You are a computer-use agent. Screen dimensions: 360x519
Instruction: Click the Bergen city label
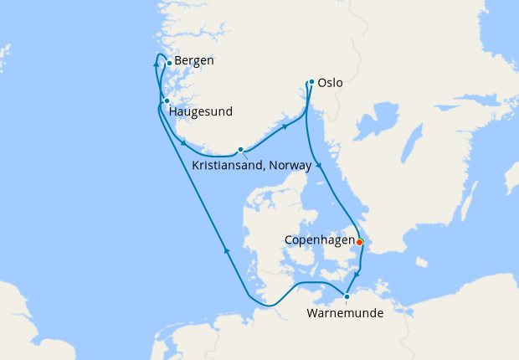(x=194, y=61)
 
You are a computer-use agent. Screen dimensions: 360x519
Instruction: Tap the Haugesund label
(x=200, y=111)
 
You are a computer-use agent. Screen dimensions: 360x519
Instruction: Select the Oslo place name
(x=331, y=84)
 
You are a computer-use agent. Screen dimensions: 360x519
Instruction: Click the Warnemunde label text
(x=346, y=314)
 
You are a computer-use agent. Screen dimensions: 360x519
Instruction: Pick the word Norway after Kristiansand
(x=292, y=166)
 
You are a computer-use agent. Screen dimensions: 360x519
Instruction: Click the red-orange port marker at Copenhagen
(x=360, y=242)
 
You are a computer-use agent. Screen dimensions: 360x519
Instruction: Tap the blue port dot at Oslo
(x=311, y=82)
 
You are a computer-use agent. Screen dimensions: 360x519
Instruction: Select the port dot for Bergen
(x=169, y=63)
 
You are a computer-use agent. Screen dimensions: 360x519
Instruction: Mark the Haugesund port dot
(x=167, y=100)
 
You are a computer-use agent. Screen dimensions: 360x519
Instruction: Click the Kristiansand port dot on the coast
(x=240, y=150)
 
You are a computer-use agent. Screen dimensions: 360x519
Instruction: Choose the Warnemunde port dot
(x=347, y=296)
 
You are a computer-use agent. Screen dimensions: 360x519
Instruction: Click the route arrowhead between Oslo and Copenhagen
(x=318, y=164)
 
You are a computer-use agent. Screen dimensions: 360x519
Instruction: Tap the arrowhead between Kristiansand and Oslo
(x=285, y=126)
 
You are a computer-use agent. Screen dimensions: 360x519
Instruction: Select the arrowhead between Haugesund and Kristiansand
(x=182, y=142)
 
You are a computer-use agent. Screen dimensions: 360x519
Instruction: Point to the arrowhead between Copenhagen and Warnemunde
(x=357, y=275)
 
